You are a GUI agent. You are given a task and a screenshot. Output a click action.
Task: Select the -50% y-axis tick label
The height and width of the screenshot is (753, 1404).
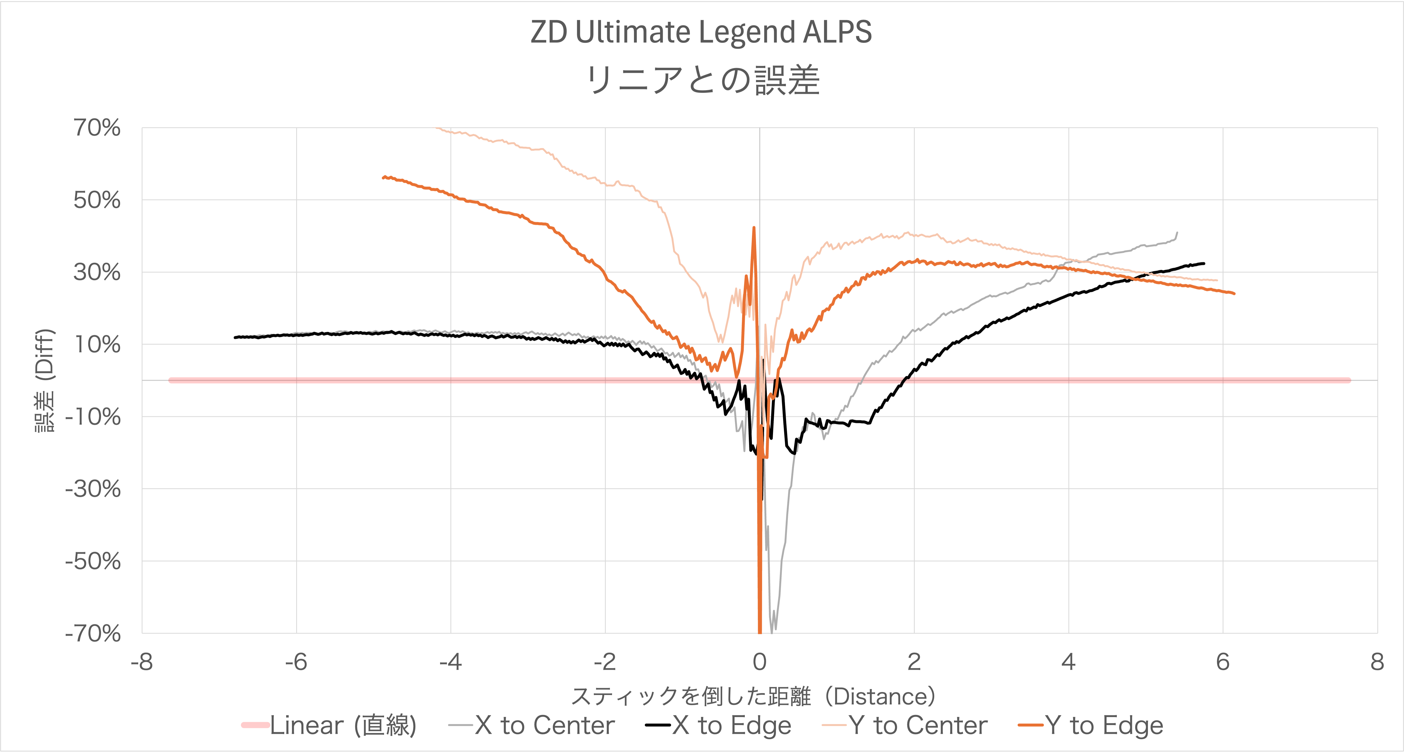tap(93, 561)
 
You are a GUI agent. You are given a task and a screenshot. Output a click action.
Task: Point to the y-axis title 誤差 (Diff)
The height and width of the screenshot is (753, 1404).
tap(45, 380)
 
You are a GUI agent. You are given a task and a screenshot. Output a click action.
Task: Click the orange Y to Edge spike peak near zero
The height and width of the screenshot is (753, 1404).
tap(754, 228)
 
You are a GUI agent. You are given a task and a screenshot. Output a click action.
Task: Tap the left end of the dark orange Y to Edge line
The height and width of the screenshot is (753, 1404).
tap(384, 177)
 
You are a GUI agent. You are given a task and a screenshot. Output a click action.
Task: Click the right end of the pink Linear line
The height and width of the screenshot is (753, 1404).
tap(1348, 380)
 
